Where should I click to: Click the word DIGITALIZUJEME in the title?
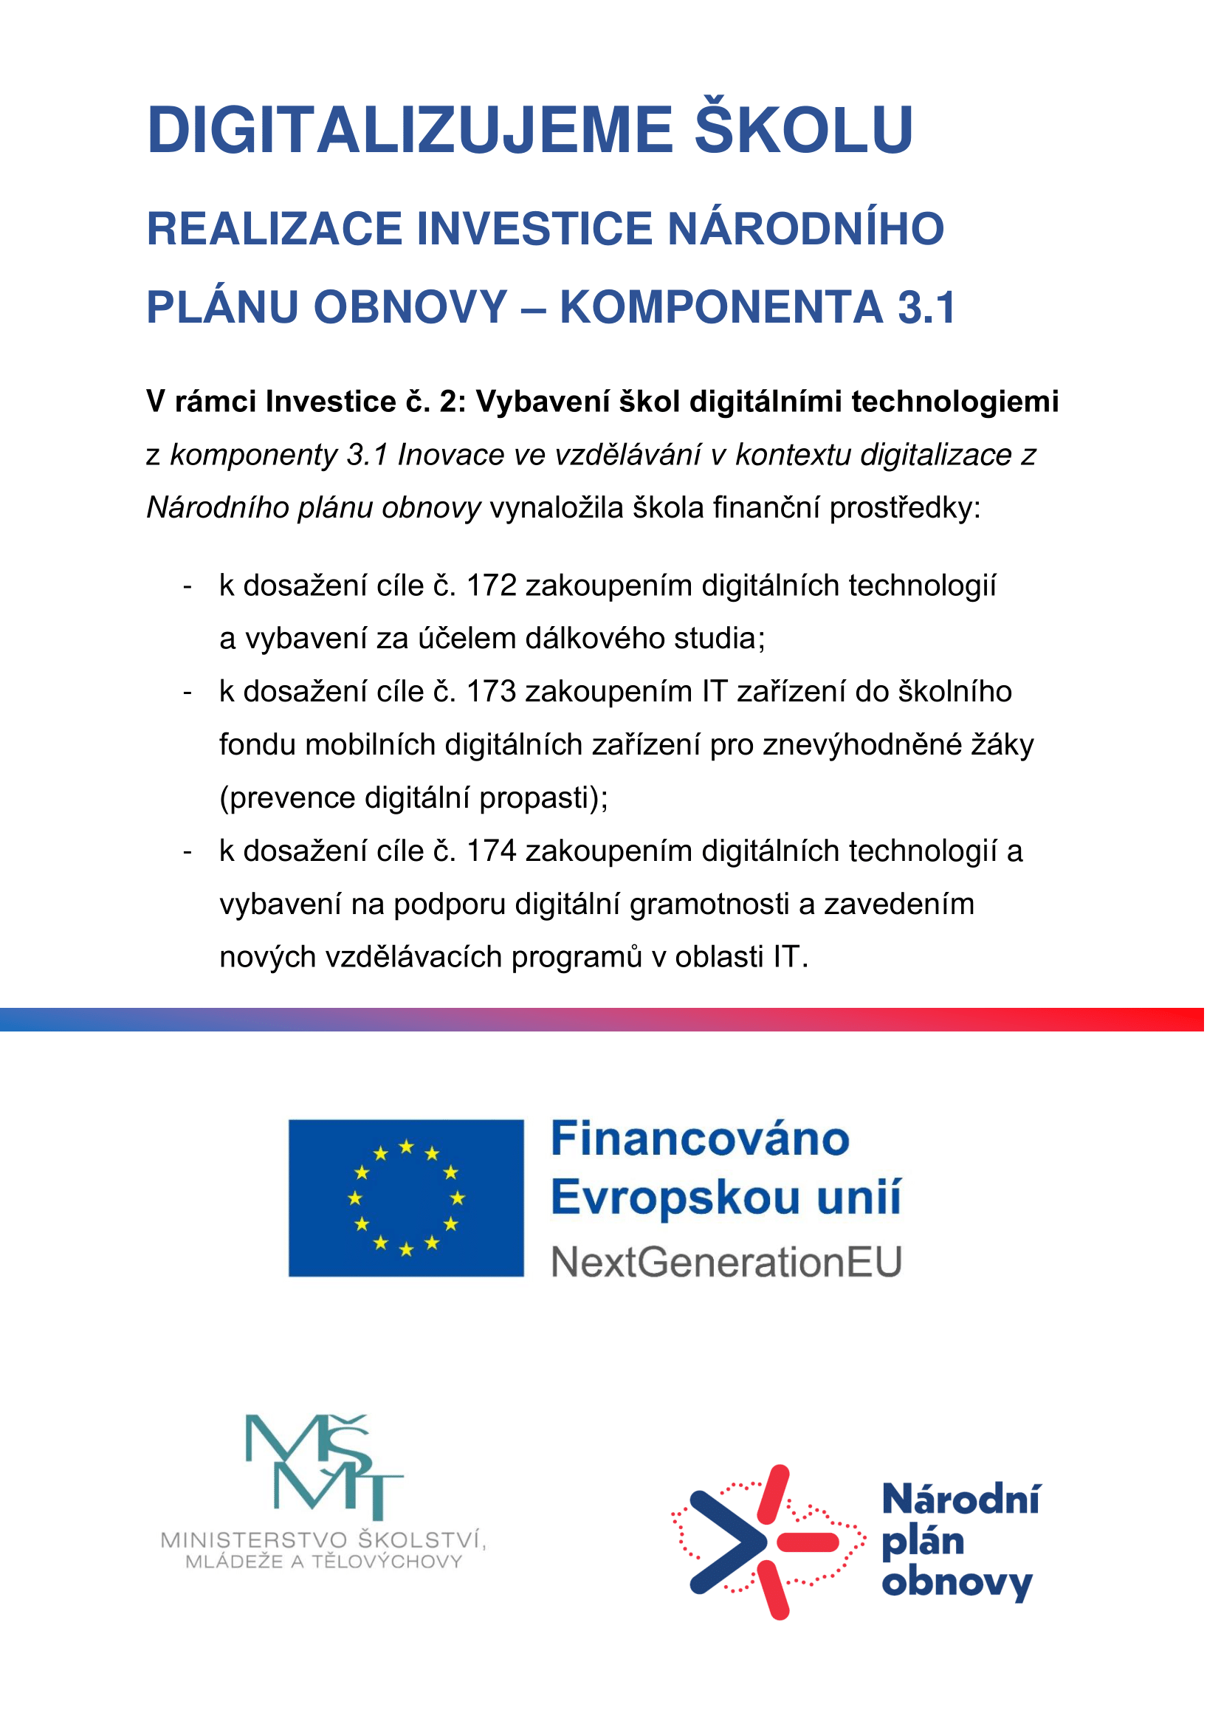(x=410, y=131)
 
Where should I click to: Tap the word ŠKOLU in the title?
(x=803, y=129)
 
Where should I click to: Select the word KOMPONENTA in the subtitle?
(x=721, y=307)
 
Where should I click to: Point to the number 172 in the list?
(x=492, y=586)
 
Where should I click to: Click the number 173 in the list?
(x=492, y=691)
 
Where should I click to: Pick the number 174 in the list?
(x=492, y=851)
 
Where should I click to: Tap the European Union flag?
(x=406, y=1198)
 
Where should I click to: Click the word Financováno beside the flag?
(x=700, y=1139)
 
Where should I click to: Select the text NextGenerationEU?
(x=726, y=1262)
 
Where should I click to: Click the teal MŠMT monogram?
(x=323, y=1467)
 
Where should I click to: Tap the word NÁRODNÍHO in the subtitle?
(x=805, y=229)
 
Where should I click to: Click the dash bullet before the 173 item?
(x=188, y=692)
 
